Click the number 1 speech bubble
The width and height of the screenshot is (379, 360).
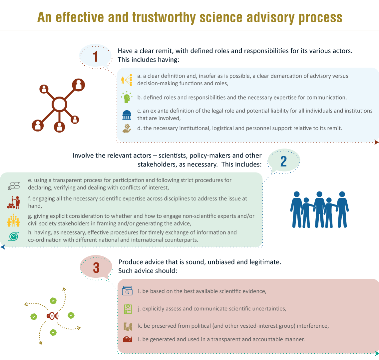96,57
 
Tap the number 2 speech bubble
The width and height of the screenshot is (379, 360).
283,161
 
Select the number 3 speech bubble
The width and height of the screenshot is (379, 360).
96,267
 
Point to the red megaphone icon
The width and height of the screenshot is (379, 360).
52,316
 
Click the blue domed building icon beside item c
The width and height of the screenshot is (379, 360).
127,115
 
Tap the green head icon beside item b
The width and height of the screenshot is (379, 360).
127,97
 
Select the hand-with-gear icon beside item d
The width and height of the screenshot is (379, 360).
127,129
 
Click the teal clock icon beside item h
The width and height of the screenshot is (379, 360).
14,236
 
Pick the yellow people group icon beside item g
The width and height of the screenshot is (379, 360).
14,220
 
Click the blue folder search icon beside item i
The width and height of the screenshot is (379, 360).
127,291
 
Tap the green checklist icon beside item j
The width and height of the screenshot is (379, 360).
128,309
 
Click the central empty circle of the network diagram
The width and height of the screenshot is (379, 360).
59,105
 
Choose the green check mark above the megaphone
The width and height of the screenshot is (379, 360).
53,301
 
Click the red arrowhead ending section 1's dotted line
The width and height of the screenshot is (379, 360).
377,142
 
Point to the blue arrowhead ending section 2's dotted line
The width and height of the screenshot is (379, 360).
3,247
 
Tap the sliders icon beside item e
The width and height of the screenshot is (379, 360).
14,186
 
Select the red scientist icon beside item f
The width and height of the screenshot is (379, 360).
14,202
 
